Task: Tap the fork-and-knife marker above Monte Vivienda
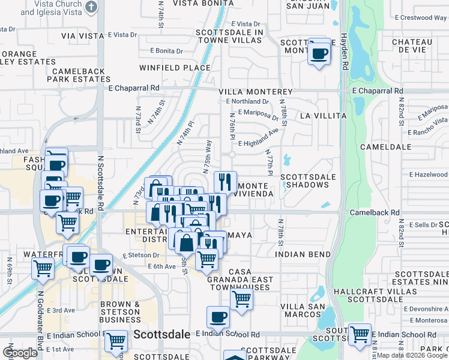pos(225,181)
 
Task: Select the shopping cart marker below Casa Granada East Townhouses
pos(241,298)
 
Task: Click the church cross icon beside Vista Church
pos(91,7)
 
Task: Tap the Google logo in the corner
pos(20,353)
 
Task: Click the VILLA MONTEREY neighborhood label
pos(255,92)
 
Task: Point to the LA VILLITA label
pos(323,115)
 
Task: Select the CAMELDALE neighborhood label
pos(385,146)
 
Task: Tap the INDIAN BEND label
pos(303,254)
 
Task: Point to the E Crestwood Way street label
pos(423,18)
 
